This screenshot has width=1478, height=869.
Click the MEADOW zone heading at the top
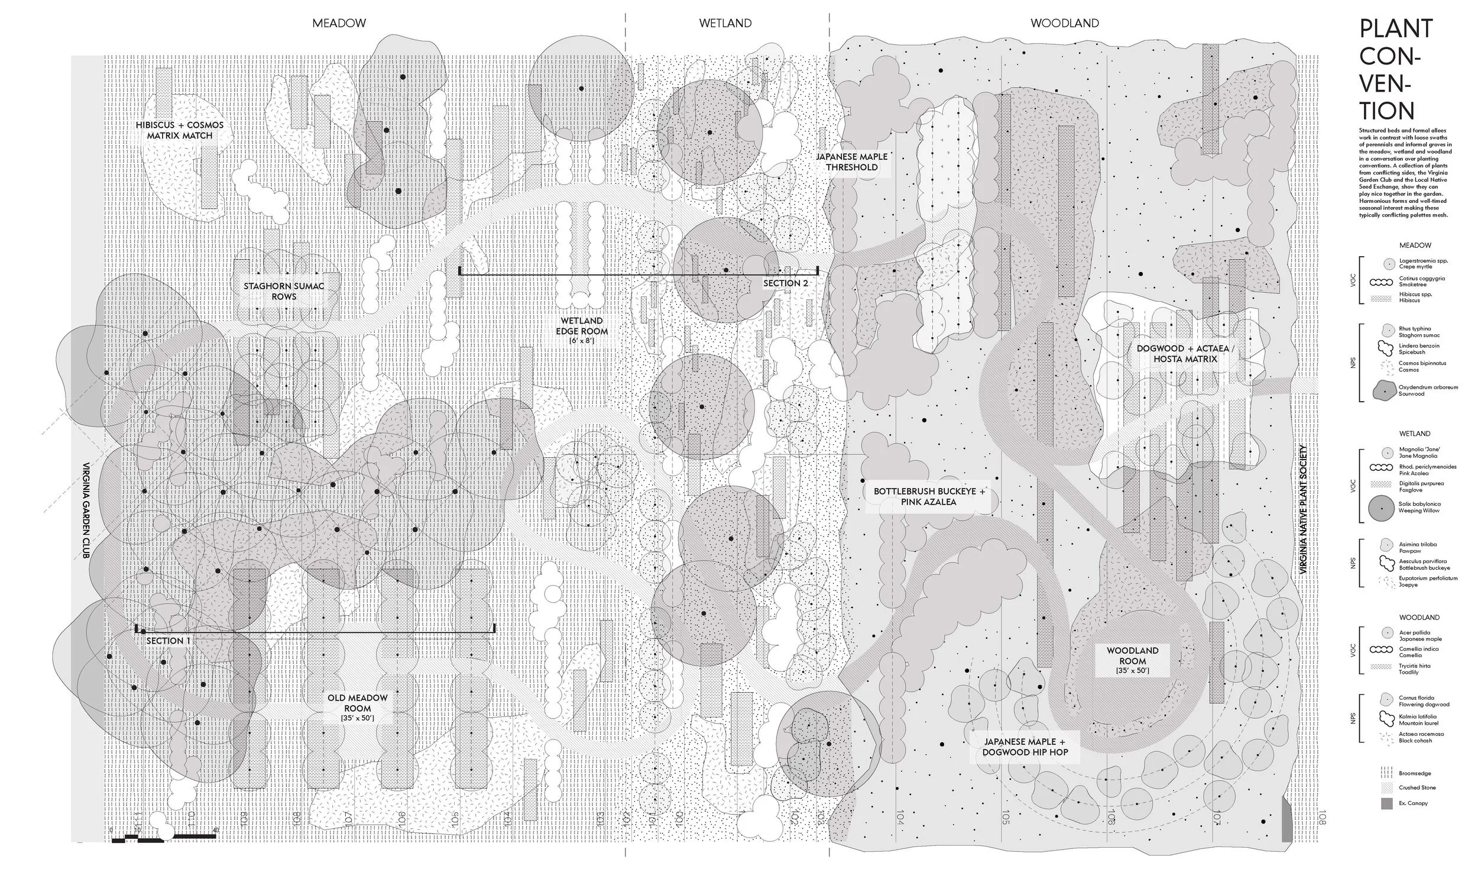[x=339, y=24]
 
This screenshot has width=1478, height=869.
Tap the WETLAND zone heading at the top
[x=725, y=24]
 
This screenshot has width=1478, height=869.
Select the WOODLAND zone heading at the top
[x=1065, y=24]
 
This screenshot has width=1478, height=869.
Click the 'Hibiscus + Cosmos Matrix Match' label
[x=180, y=131]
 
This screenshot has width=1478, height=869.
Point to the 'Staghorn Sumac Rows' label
[x=284, y=292]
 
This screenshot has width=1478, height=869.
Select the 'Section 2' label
[x=785, y=283]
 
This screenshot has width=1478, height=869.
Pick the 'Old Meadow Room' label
[x=357, y=707]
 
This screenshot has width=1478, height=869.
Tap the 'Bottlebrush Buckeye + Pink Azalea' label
[x=929, y=497]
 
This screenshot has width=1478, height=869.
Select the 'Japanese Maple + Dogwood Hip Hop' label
[x=1025, y=747]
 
